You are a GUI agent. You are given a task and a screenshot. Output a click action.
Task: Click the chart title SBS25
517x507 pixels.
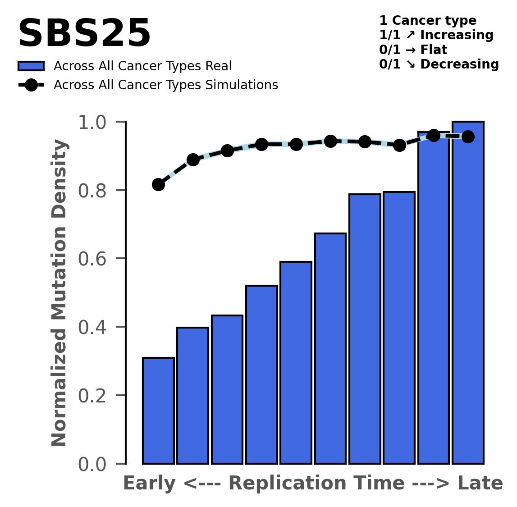coord(84,34)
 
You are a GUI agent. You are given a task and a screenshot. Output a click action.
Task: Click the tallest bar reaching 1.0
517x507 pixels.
coord(468,293)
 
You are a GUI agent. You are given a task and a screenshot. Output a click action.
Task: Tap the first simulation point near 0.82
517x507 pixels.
coord(158,184)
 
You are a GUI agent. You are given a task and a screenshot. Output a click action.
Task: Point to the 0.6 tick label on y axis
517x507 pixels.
coord(95,259)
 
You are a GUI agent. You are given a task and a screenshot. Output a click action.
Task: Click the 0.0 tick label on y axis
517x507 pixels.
coord(95,464)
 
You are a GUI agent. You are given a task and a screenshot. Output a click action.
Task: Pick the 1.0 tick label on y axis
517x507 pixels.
coord(95,122)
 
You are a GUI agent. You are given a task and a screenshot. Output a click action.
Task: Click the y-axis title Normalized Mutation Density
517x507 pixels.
coord(59,293)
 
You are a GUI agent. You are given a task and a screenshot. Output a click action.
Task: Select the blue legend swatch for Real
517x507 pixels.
coord(31,66)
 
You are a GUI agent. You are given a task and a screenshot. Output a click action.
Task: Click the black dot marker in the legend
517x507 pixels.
coord(31,85)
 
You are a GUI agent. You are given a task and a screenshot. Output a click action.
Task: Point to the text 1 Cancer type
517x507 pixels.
coord(428,21)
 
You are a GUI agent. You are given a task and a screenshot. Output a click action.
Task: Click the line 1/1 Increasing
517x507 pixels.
coord(436,35)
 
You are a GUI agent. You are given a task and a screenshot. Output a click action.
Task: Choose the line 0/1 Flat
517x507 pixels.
coord(413,50)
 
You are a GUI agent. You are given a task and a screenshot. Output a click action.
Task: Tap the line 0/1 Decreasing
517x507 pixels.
coord(439,64)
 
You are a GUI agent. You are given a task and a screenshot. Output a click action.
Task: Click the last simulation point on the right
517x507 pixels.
coord(468,137)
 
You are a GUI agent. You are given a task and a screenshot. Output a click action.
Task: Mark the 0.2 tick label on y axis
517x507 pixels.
coord(95,396)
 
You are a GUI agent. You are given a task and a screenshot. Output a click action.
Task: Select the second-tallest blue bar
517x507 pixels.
coord(434,297)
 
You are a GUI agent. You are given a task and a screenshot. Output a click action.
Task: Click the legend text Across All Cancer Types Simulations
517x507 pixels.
coord(165,85)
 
